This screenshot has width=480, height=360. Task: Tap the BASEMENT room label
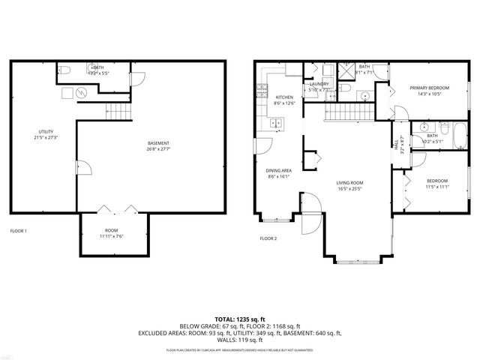(x=157, y=143)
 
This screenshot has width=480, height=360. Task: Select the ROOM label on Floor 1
(x=112, y=230)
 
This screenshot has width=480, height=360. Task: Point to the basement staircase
(x=115, y=112)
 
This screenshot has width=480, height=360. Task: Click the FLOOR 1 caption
(x=19, y=231)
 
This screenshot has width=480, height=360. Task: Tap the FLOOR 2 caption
(x=268, y=238)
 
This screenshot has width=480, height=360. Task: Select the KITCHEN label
(x=284, y=97)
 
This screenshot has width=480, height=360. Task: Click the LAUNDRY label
(x=319, y=85)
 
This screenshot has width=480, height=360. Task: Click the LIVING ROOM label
(x=349, y=183)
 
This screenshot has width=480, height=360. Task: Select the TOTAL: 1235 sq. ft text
(x=240, y=318)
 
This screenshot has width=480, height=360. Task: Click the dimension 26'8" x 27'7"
(x=158, y=148)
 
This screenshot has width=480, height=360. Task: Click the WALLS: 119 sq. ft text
(x=240, y=339)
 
